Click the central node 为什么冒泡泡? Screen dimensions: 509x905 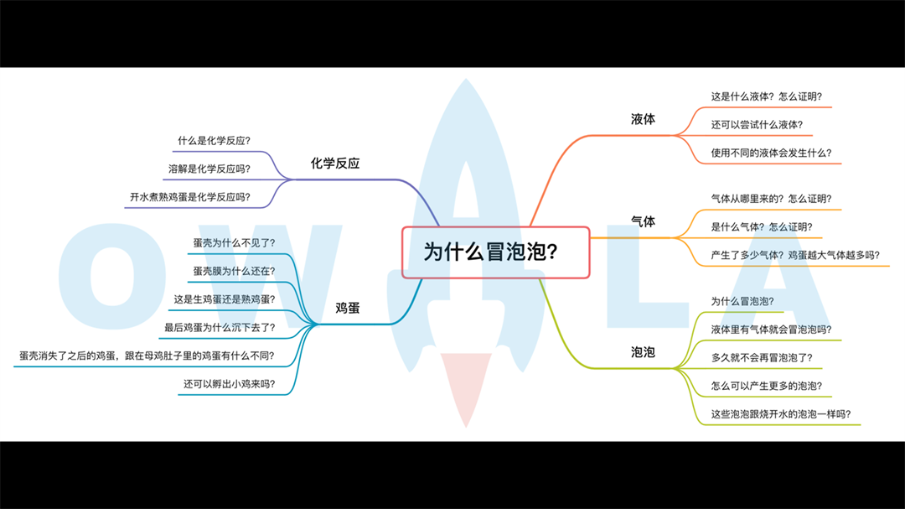point(495,252)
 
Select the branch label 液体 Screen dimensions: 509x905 point(643,119)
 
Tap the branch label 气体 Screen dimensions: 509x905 point(643,221)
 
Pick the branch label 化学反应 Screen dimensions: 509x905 point(335,164)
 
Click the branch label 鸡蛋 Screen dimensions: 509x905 point(348,308)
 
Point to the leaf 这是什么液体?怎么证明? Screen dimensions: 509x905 point(766,96)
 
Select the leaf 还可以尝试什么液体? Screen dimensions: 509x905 point(757,125)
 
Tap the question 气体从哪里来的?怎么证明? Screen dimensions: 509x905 point(771,199)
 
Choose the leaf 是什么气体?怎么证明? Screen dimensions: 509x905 point(761,226)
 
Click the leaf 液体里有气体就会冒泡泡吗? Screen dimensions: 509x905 point(771,329)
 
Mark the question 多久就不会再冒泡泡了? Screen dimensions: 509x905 point(761,357)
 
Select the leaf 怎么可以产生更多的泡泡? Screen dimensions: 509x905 point(766,386)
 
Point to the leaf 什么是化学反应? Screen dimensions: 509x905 point(214,140)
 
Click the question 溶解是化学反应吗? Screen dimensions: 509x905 point(209,169)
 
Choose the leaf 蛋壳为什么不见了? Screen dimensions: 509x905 point(234,242)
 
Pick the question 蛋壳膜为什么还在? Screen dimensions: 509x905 point(234,271)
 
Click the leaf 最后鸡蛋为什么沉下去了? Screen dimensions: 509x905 point(220,327)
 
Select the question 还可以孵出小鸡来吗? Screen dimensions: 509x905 point(229,384)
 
